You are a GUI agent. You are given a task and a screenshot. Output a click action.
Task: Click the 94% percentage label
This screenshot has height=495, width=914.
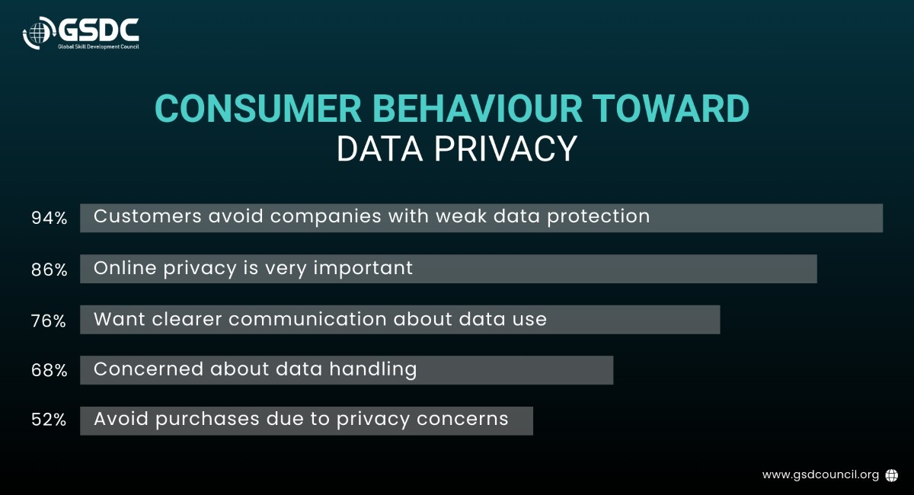[50, 218]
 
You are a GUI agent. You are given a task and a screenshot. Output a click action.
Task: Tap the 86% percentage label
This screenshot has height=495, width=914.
[50, 270]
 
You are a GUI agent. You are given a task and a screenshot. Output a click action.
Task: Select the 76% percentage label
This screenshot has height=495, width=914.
[49, 321]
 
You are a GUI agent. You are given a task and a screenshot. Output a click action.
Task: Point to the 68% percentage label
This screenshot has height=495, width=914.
[50, 371]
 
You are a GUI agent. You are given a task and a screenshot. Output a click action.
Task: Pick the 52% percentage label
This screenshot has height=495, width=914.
[49, 420]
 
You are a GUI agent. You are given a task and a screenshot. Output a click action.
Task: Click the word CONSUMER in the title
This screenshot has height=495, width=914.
[258, 109]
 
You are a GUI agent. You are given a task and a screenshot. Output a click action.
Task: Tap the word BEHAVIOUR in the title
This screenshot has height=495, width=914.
[477, 109]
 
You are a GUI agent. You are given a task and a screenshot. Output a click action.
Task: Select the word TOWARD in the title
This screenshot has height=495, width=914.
[671, 109]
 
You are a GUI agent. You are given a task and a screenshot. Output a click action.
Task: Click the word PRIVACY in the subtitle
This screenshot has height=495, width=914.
[506, 149]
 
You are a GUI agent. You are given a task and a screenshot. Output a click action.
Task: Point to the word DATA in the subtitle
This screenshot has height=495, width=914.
[379, 149]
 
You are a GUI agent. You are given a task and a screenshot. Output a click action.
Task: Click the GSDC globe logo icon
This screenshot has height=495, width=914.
[39, 33]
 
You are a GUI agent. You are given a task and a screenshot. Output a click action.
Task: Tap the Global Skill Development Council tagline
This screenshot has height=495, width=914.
[98, 47]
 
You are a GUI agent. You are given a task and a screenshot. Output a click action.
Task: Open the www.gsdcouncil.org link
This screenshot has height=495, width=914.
[820, 475]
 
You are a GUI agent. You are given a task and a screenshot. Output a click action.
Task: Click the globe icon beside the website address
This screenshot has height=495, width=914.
[892, 475]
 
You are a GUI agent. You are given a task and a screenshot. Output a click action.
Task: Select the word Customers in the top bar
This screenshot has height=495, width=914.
[148, 216]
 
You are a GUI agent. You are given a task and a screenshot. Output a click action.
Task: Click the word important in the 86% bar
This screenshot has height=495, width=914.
[363, 269]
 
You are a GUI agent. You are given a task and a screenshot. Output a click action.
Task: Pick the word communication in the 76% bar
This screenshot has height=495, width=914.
[308, 319]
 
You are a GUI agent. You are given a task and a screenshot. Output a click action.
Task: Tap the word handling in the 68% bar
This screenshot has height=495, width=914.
[373, 369]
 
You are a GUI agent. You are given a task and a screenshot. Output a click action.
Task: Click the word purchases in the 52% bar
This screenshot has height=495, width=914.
[207, 420]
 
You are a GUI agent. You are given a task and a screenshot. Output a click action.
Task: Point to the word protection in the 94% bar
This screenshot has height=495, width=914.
[599, 217]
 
